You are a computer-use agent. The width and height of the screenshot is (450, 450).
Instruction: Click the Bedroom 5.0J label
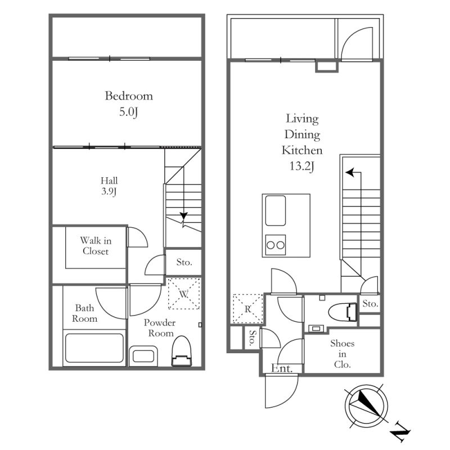(129, 104)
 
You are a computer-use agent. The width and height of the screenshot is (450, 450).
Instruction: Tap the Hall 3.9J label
(109, 186)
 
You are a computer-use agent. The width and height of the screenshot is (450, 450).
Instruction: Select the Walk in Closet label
(96, 246)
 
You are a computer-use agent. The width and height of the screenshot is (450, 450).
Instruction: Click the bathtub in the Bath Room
(94, 348)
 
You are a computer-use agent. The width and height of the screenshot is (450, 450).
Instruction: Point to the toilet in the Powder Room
(181, 351)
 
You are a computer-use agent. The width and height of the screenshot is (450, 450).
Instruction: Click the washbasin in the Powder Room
(143, 356)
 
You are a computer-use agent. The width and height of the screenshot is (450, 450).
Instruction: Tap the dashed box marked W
(184, 293)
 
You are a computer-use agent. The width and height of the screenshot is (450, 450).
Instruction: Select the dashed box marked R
(247, 309)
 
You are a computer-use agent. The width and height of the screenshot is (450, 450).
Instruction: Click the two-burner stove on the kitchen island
(276, 245)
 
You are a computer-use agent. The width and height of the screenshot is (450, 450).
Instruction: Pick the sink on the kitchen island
(276, 210)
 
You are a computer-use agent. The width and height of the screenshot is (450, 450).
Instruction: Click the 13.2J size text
(302, 166)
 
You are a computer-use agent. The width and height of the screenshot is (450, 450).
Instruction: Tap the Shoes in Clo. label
(342, 354)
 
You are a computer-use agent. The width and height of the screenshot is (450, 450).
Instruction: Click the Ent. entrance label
(282, 368)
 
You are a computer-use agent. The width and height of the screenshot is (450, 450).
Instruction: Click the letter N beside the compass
(400, 431)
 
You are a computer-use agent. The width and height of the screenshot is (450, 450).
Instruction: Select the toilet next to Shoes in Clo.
(342, 312)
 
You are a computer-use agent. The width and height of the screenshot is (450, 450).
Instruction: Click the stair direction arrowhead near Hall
(184, 215)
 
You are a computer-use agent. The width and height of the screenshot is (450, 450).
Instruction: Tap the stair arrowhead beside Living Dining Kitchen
(349, 173)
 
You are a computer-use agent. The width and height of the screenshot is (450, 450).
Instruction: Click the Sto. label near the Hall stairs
(184, 262)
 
